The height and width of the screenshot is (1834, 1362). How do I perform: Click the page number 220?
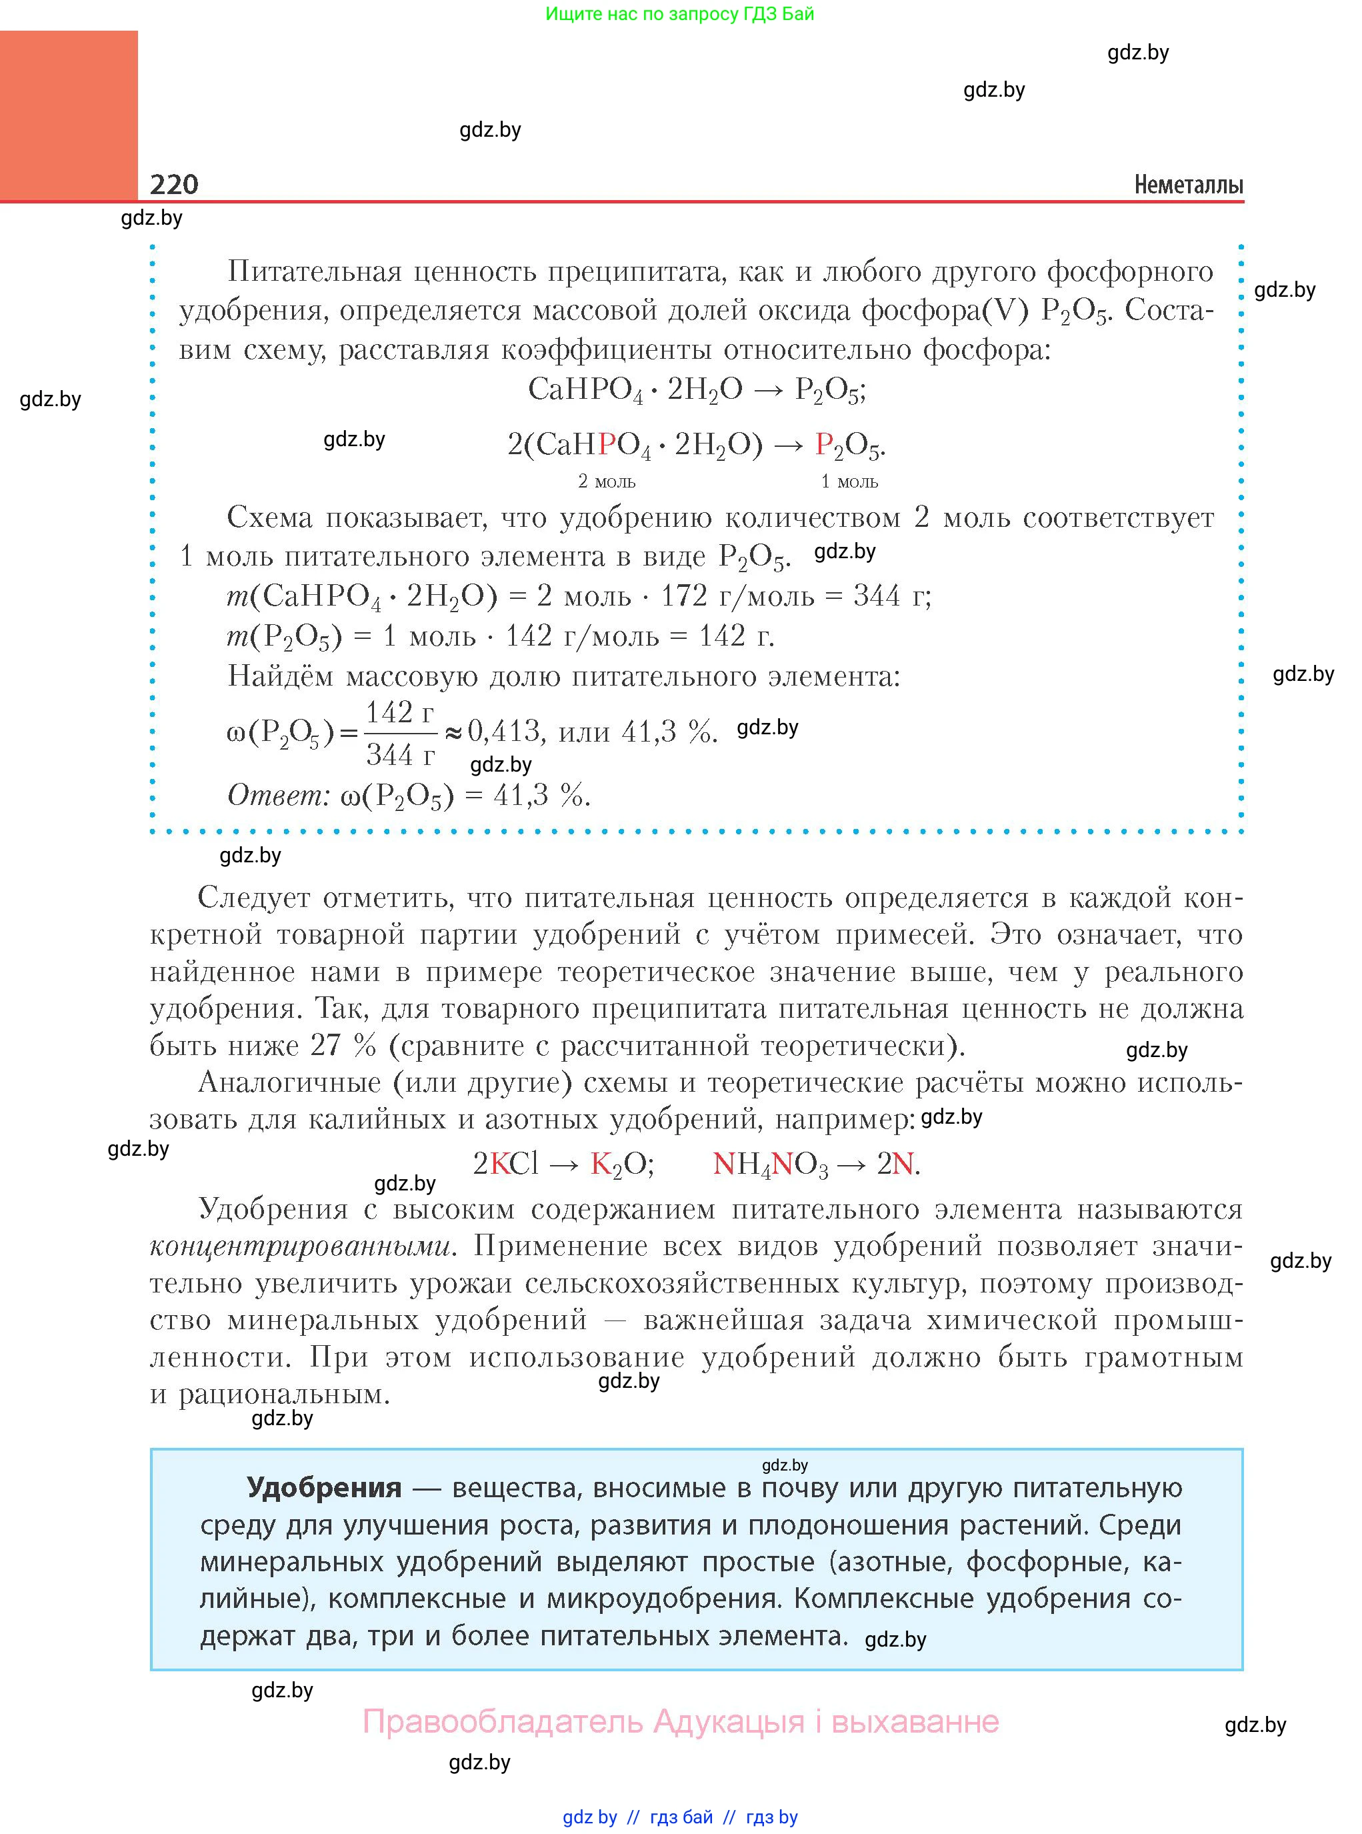coord(174,184)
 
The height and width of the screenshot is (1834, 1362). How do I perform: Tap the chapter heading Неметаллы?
coord(1188,185)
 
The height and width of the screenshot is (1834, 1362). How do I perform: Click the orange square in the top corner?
coord(69,115)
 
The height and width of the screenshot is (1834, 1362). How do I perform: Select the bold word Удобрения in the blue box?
coord(324,1488)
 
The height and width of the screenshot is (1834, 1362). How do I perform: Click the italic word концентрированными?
coord(301,1246)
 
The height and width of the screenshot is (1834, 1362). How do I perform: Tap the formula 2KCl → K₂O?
coord(563,1164)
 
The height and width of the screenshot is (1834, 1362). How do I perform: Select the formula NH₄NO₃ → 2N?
coord(816,1164)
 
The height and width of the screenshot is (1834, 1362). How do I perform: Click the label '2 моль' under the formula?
coord(607,482)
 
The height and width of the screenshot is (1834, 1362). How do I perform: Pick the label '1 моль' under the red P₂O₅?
coord(849,482)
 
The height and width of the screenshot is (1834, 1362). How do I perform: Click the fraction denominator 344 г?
coord(400,754)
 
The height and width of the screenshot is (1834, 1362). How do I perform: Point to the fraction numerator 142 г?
coord(400,712)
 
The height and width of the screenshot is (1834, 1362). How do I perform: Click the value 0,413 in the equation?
coord(504,731)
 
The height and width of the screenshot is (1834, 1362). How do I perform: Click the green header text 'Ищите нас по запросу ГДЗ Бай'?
coord(679,14)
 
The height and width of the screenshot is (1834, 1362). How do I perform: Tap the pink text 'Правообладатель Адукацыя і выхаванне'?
coord(680,1721)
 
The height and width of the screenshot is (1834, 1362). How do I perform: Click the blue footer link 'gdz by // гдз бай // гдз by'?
coord(680,1817)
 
